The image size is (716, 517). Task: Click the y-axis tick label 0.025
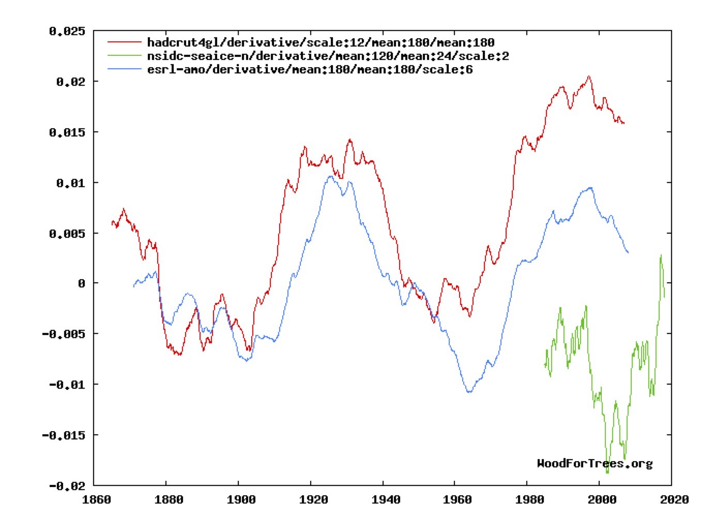(x=67, y=32)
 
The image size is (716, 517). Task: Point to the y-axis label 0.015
(x=67, y=132)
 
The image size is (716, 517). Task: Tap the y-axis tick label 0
(x=82, y=283)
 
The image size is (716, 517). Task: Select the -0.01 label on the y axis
(x=67, y=384)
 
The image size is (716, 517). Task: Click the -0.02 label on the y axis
(x=67, y=486)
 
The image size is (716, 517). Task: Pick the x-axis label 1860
(x=97, y=499)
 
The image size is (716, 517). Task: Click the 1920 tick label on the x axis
(x=313, y=499)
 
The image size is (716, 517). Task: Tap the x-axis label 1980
(x=530, y=499)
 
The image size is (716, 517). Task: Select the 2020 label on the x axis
(x=674, y=499)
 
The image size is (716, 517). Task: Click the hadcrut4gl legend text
(x=321, y=42)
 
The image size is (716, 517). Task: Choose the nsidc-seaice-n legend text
(x=328, y=56)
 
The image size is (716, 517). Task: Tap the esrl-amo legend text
(x=310, y=69)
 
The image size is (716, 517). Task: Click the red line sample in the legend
(x=125, y=42)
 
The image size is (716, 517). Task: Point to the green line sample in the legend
(x=125, y=56)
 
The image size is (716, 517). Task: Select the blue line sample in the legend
(x=125, y=69)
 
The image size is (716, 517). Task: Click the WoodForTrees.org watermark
(x=595, y=463)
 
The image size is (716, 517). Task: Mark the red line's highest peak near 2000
(x=589, y=76)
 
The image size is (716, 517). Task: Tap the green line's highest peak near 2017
(x=661, y=255)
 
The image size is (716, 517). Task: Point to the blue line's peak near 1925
(x=330, y=176)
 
